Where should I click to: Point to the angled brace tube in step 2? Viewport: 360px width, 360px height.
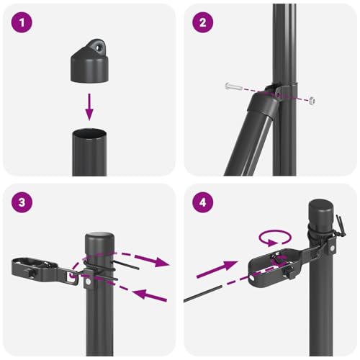click(248, 137)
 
